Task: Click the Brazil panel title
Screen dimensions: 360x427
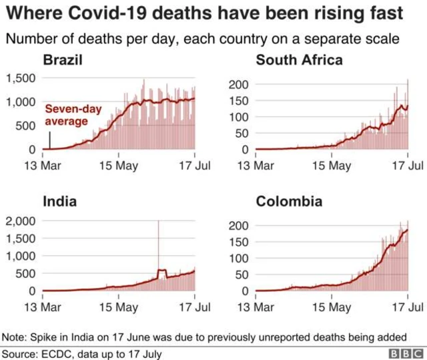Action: coord(63,61)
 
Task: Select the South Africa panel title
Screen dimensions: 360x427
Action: coord(300,61)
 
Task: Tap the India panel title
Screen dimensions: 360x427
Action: coord(59,201)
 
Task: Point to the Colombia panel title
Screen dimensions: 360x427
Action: coord(290,201)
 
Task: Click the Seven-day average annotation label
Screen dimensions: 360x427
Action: coord(66,115)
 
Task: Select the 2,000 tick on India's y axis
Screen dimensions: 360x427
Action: coord(20,222)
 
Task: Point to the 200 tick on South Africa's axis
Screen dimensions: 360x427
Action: coord(239,84)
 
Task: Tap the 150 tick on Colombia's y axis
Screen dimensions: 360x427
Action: coord(239,242)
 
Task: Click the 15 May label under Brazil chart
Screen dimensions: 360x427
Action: coord(118,165)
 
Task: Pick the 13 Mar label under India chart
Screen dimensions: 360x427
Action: coord(43,307)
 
